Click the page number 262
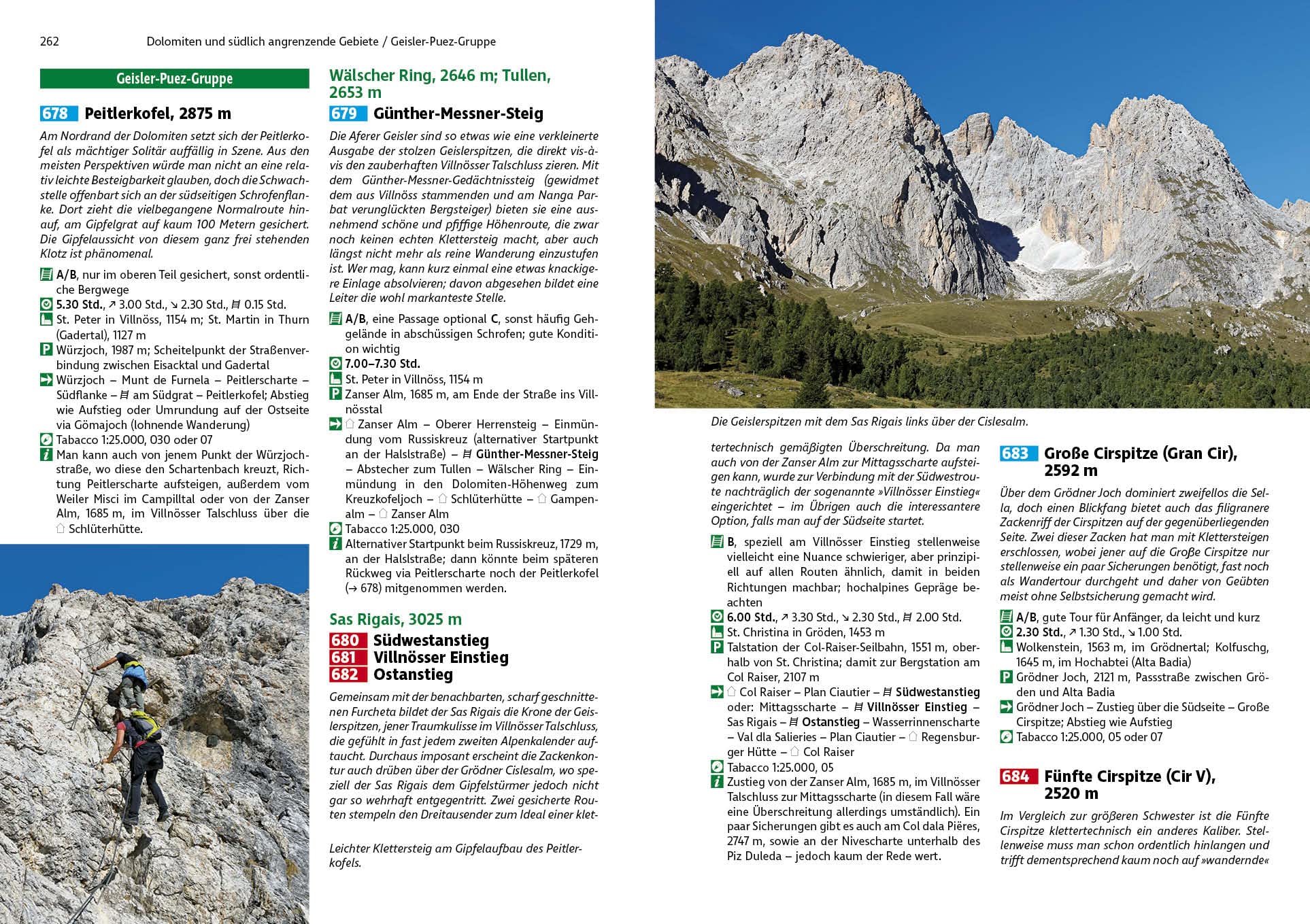(50, 41)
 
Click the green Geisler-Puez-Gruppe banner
(174, 78)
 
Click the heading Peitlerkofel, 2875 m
(158, 114)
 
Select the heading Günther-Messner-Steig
(458, 114)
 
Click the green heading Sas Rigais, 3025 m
(395, 619)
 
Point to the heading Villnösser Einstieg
(441, 657)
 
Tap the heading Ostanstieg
(413, 674)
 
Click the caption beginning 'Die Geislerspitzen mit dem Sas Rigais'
(869, 422)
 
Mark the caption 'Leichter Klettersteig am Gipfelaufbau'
(455, 855)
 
